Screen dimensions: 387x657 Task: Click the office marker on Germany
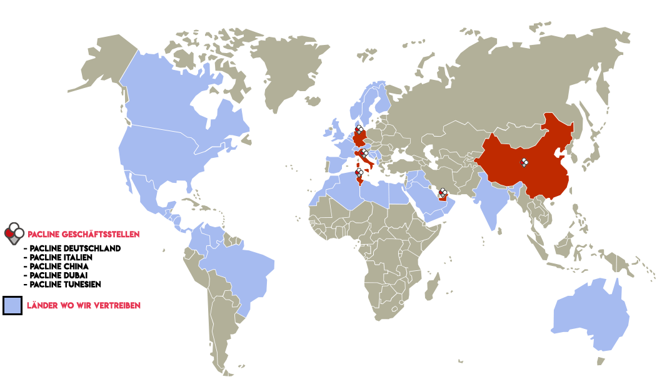359,130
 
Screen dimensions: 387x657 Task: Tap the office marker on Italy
364,154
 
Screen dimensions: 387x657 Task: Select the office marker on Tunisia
359,172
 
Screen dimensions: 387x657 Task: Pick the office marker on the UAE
443,192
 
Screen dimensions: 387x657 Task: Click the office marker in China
524,163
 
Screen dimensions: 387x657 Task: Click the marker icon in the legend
14,233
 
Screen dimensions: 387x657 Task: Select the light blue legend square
13,305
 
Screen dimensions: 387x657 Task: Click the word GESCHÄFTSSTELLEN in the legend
103,235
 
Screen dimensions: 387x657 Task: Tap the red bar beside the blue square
84,305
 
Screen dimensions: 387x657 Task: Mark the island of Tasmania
601,361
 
